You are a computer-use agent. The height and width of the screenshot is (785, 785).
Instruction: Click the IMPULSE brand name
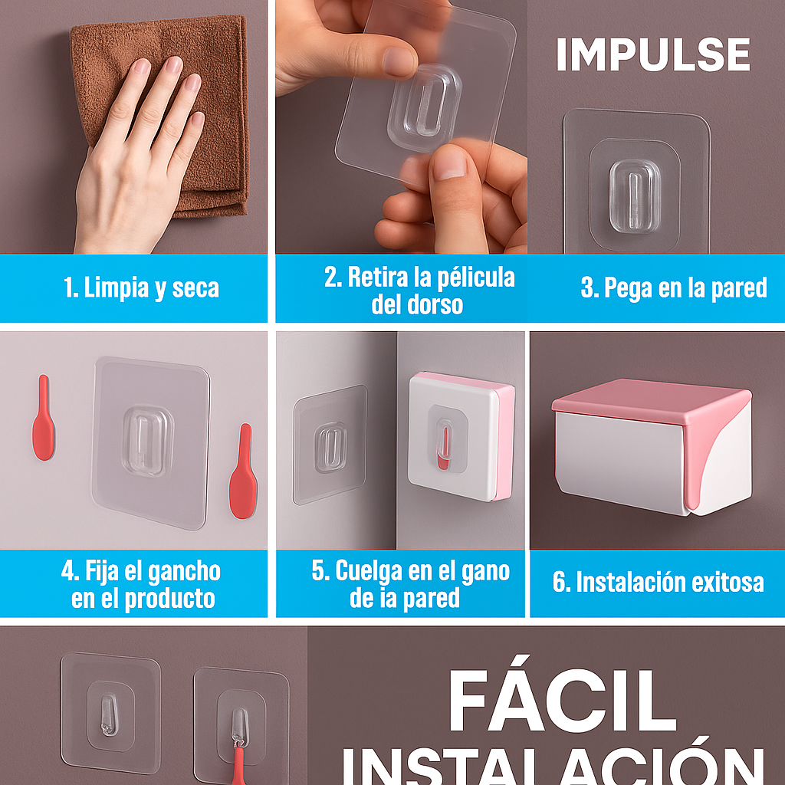coord(652,54)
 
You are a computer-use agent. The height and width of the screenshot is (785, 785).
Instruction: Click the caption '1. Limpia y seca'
coord(141,288)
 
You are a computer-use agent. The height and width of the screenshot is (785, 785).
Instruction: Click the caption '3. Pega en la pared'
coord(674,288)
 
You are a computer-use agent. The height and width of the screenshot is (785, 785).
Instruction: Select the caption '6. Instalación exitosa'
coord(658,583)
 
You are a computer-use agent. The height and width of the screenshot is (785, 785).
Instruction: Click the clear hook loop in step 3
coord(636,195)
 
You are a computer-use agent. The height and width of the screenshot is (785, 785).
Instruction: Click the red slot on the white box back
coord(442,461)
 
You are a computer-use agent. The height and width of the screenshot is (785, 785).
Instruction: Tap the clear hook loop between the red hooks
coord(147,441)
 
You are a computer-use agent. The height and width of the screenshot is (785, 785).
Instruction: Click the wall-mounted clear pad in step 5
coord(330,445)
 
